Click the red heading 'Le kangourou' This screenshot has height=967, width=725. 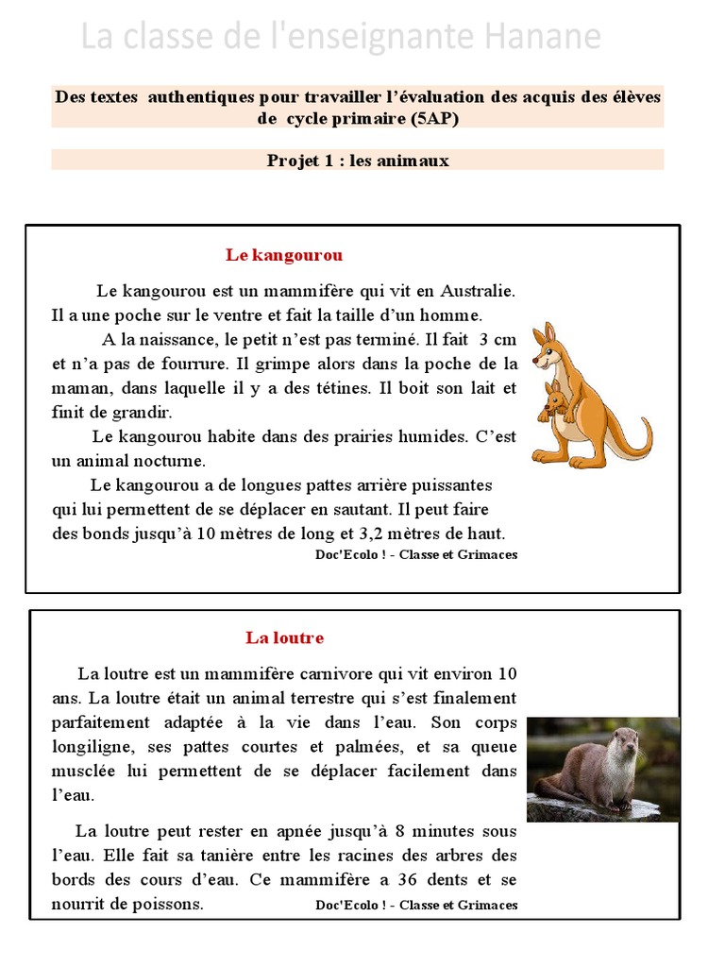click(x=284, y=255)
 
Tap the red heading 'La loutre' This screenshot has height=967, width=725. click(x=284, y=637)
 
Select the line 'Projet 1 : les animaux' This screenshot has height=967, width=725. click(x=358, y=161)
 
